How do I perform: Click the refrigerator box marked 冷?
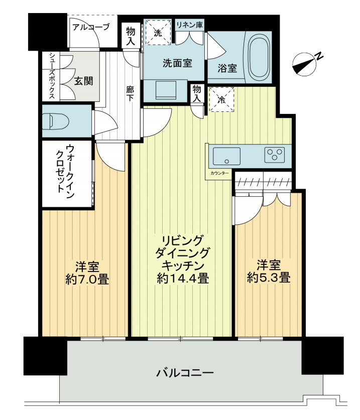pyautogui.click(x=221, y=99)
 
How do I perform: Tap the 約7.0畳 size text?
pyautogui.click(x=87, y=278)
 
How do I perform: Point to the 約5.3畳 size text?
pyautogui.click(x=269, y=277)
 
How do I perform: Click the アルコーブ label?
pyautogui.click(x=90, y=28)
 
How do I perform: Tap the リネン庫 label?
pyautogui.click(x=189, y=24)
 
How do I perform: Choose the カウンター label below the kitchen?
pyautogui.click(x=218, y=174)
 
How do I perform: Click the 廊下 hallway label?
pyautogui.click(x=131, y=95)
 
